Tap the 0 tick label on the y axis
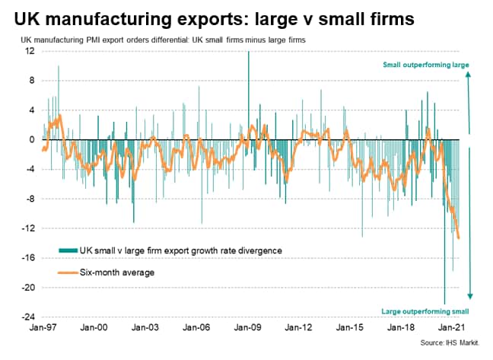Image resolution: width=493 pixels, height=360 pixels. (32, 140)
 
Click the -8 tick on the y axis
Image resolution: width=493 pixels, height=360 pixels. (30, 199)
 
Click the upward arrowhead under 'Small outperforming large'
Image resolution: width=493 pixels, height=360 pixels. (469, 75)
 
